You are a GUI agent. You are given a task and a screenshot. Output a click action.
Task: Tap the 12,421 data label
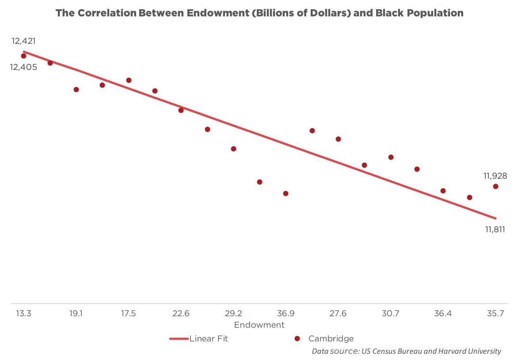pos(23,41)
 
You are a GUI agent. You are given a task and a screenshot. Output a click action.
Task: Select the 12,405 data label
pos(24,67)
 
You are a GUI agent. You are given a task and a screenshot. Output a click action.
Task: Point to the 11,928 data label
pos(495,176)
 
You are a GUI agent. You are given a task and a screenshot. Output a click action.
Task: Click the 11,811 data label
pos(495,230)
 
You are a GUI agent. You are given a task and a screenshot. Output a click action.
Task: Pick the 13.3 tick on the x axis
pos(23,314)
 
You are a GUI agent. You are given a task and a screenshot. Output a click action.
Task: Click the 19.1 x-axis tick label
pos(76,314)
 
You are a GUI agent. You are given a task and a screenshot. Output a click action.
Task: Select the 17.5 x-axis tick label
pos(128,314)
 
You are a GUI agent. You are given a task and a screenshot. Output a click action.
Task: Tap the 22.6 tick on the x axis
pos(181,314)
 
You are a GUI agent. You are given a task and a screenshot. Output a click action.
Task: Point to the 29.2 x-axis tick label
pos(233,314)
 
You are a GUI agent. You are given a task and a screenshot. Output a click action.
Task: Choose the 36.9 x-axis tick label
pos(286,314)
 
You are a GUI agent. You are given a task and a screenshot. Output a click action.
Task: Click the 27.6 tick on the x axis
pos(338,314)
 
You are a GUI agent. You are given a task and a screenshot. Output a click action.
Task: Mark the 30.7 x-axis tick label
pos(391,314)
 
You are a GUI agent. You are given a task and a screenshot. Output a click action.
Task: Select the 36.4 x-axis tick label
pos(443,314)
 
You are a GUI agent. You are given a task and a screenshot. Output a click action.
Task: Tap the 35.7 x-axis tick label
pos(495,314)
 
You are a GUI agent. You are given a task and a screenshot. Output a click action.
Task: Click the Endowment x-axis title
pos(259,325)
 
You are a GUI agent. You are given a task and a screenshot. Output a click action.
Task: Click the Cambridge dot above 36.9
pos(286,193)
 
